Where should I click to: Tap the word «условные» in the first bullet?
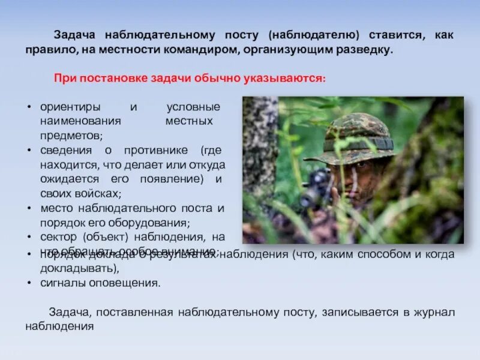[193, 107]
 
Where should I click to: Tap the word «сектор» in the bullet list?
[58, 237]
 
